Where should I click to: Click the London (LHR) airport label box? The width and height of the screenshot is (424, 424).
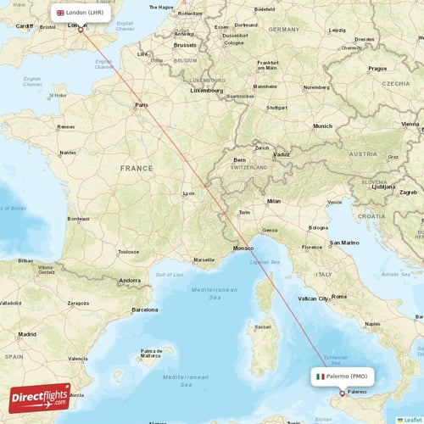coord(80,13)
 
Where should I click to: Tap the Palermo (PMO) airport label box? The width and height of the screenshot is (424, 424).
coord(342,376)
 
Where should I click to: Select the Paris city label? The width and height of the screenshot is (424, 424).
coord(141,106)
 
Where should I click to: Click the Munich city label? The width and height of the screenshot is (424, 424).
coord(322,126)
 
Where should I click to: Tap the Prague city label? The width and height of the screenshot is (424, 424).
coord(377,68)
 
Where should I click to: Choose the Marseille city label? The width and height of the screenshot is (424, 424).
coord(204,259)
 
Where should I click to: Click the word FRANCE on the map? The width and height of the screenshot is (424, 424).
coord(136,168)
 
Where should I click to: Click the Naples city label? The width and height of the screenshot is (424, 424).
coord(371,324)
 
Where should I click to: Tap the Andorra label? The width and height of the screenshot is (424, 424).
coord(130,280)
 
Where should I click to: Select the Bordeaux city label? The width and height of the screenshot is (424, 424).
coord(78,219)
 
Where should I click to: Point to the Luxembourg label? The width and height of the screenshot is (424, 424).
coord(206,90)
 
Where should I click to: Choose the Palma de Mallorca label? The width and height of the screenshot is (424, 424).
coord(152,352)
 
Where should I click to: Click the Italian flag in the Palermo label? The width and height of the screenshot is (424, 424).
coord(321,376)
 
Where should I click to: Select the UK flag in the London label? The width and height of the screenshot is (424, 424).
coord(60,13)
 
